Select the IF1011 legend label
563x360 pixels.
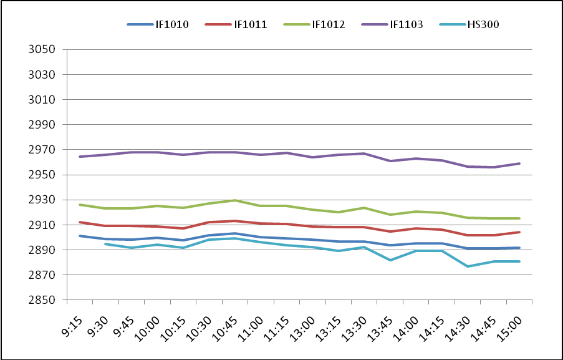250,25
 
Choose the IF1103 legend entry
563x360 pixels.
407,25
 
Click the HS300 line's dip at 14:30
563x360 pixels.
468,266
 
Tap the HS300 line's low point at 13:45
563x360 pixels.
390,260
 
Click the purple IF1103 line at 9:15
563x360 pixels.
80,157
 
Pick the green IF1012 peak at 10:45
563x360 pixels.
234,200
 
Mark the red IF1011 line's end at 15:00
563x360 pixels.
519,232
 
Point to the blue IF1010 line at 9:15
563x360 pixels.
80,236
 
